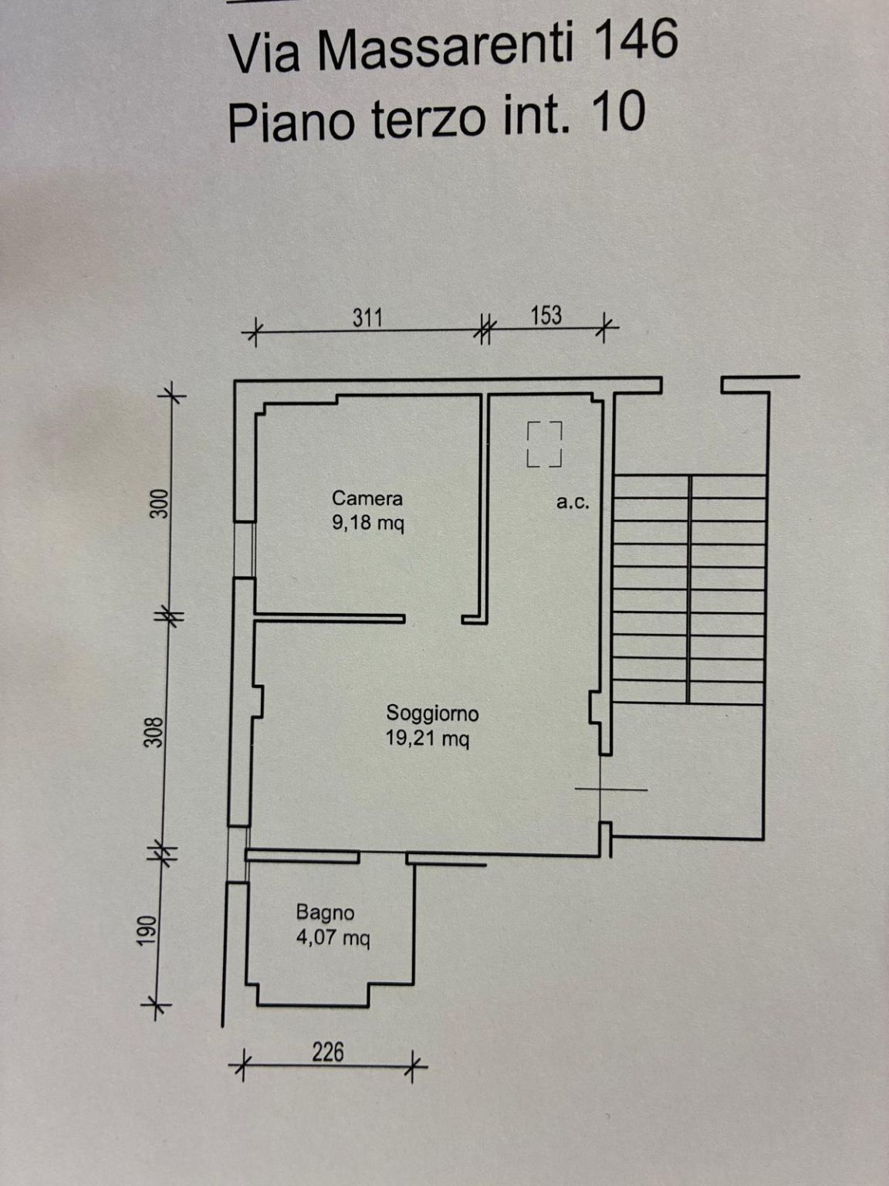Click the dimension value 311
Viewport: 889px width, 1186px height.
[367, 317]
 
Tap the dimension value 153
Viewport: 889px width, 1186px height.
[546, 316]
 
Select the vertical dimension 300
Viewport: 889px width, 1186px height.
[161, 503]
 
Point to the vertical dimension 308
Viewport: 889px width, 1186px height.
[155, 732]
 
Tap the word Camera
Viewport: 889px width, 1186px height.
[367, 498]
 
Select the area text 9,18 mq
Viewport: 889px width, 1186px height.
[368, 523]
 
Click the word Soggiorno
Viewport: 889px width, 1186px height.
[432, 713]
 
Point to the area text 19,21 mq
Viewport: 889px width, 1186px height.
[428, 738]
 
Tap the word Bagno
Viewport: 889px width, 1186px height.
[326, 913]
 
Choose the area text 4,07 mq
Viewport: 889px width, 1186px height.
[333, 937]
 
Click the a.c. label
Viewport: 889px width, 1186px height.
[573, 503]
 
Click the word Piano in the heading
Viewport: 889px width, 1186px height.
[296, 124]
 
